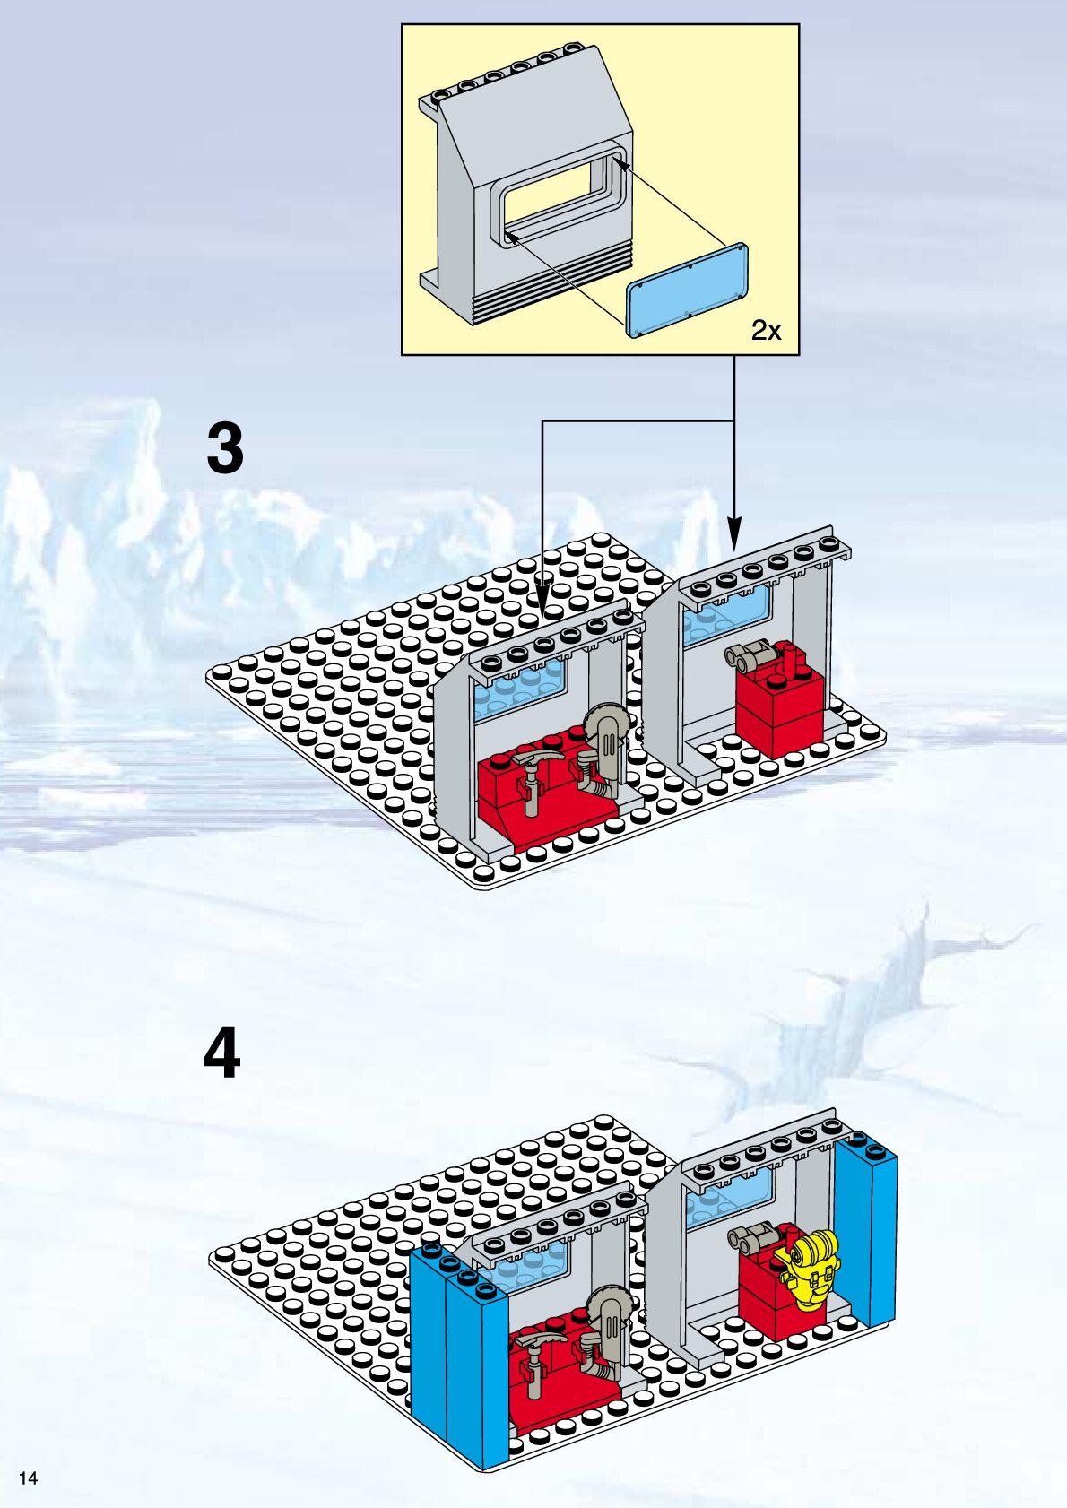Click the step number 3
click(x=225, y=449)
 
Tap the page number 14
click(x=29, y=1478)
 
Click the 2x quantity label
click(x=766, y=331)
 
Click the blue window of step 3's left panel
click(x=520, y=690)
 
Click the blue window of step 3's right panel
click(x=726, y=619)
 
